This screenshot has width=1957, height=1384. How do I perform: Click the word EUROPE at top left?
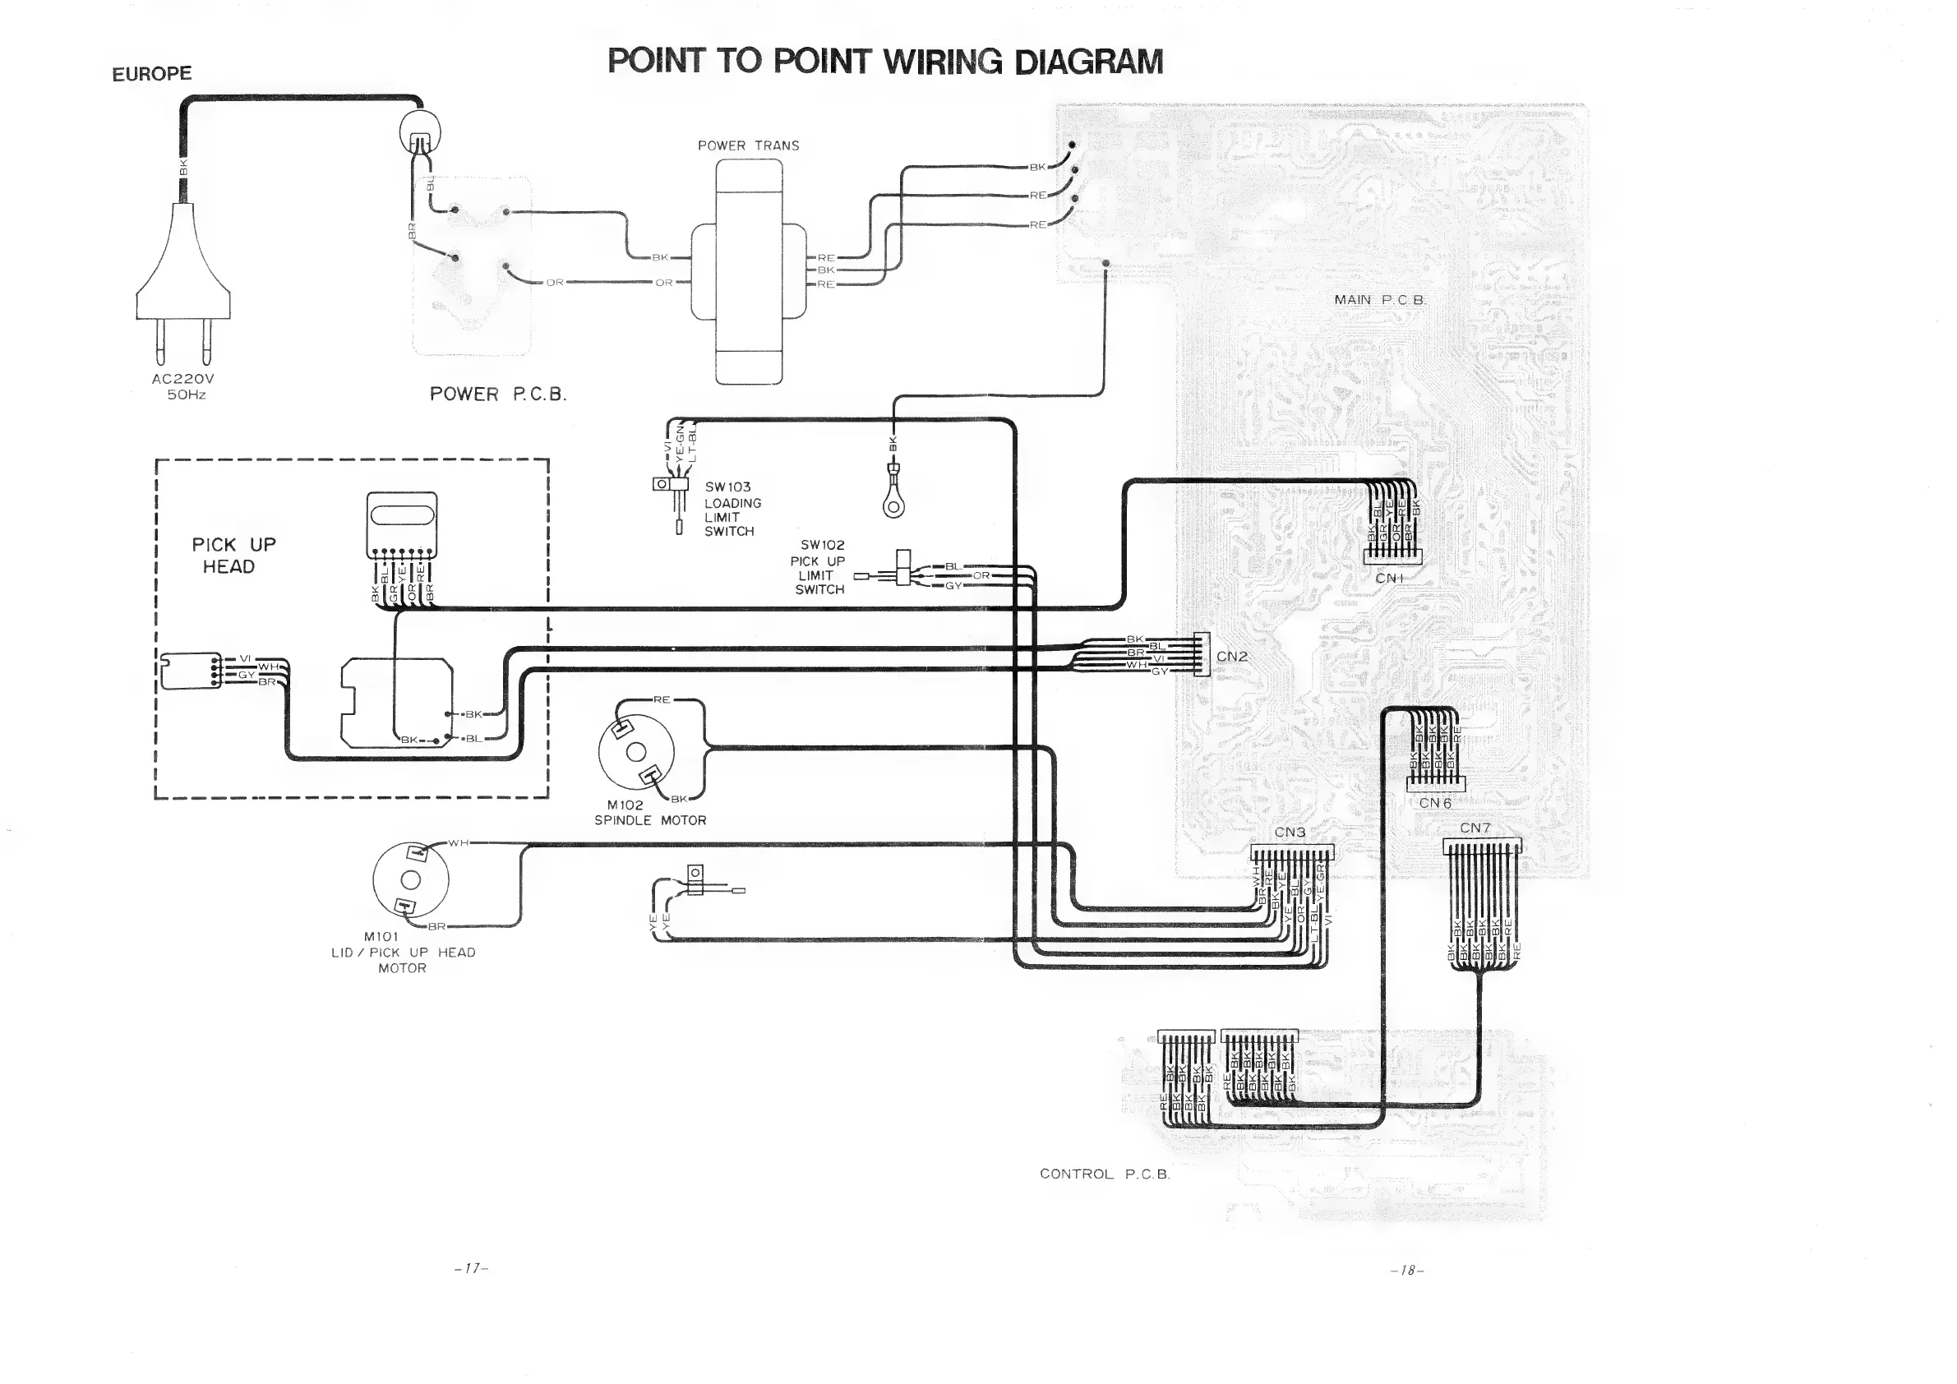152,74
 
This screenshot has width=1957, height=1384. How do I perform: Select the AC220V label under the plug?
183,378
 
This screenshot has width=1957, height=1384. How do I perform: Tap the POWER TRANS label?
749,145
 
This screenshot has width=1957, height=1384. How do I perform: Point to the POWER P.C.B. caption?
498,394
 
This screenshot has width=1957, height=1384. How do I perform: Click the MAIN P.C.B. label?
1380,300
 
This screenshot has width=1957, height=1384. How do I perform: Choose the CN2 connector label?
1231,656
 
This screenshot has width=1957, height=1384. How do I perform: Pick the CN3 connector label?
1290,832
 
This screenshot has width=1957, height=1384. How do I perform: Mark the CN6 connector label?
1434,803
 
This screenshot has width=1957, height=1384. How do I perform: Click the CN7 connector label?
1475,828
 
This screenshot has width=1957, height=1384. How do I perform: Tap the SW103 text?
727,487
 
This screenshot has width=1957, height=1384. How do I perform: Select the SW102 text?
822,545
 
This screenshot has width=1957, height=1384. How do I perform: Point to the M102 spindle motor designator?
625,805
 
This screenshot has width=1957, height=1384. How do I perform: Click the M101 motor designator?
381,937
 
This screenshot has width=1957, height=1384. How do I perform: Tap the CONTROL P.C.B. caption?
1105,1174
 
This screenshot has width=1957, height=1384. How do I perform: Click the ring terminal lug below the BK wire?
893,506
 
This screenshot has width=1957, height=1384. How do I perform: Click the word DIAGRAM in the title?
1088,62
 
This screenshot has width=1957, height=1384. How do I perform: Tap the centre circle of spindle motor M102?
637,752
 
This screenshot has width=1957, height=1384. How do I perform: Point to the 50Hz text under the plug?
186,395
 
